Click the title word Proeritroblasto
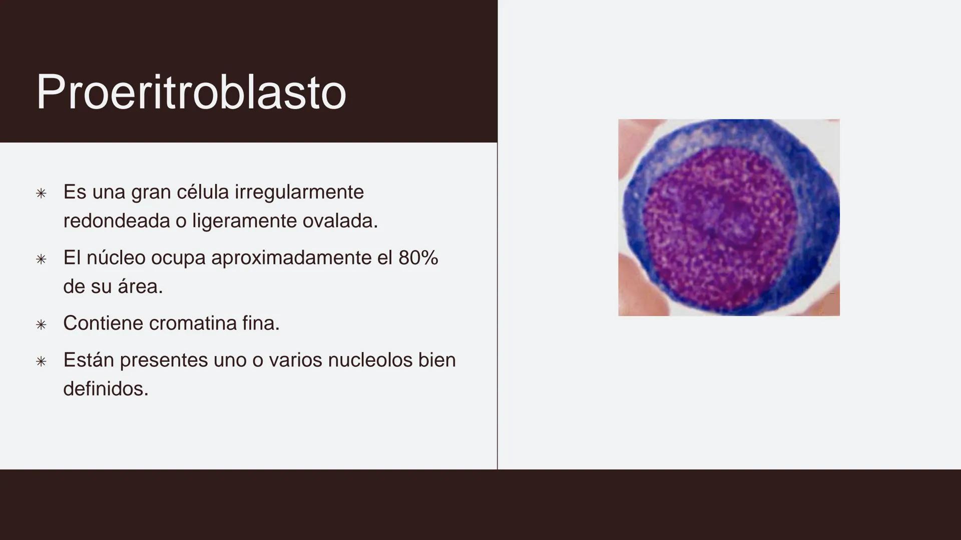click(x=191, y=92)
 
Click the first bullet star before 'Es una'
click(x=42, y=193)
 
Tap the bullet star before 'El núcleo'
click(x=42, y=259)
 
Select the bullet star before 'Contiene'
click(x=42, y=325)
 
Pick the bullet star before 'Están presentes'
click(x=42, y=361)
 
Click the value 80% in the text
click(x=418, y=258)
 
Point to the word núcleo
click(x=116, y=258)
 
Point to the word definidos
click(x=106, y=389)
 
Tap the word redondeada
click(x=116, y=221)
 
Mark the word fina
click(x=261, y=323)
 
